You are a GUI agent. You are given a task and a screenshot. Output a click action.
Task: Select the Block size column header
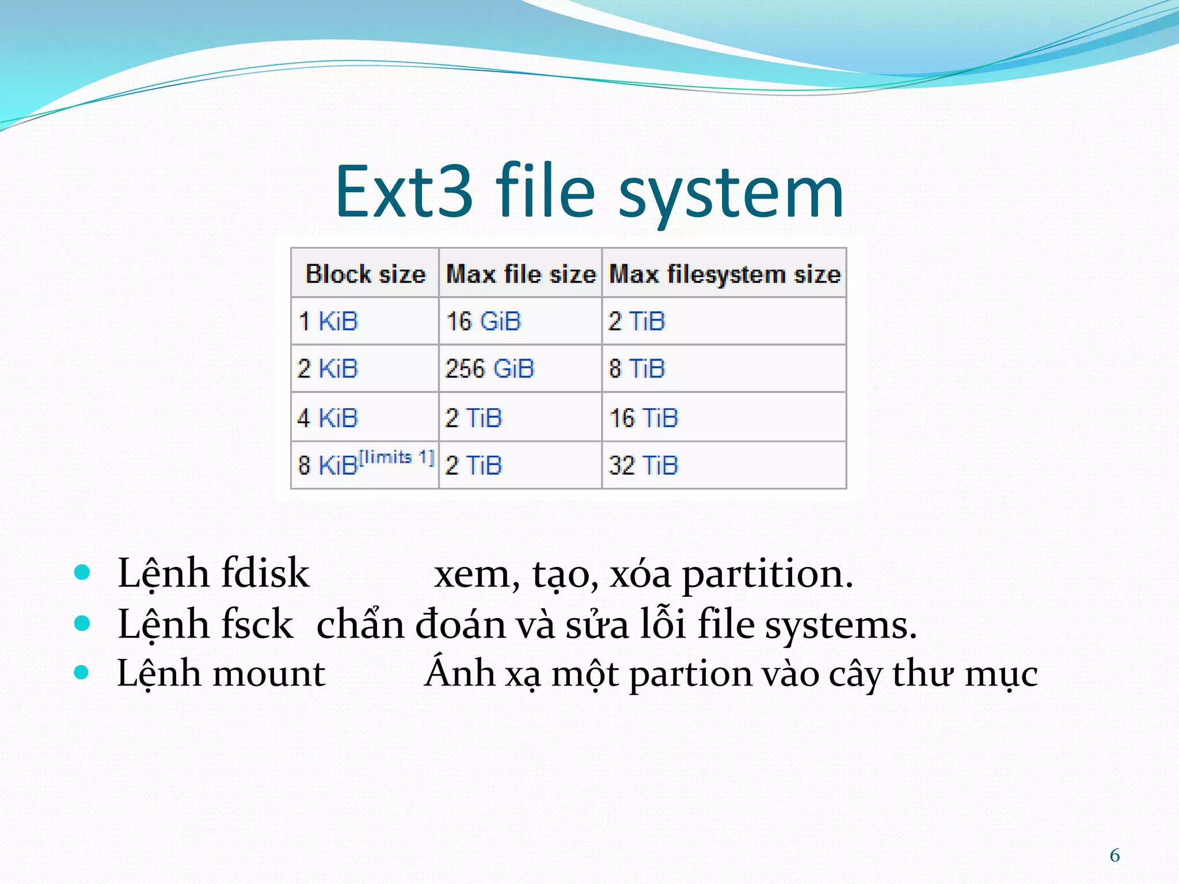click(366, 274)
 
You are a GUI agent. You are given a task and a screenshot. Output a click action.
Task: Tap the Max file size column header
click(521, 274)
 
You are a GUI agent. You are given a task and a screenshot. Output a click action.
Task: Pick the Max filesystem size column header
click(725, 274)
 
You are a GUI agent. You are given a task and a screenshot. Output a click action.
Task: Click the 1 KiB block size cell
click(328, 321)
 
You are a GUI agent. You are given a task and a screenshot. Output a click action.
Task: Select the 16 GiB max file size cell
click(484, 321)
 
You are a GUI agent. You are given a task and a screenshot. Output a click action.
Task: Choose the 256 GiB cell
click(490, 368)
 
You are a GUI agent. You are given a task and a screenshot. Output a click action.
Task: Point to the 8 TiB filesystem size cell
click(637, 368)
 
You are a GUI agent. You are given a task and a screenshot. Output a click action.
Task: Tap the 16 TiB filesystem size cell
click(644, 418)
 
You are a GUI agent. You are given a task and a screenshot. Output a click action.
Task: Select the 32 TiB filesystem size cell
click(644, 465)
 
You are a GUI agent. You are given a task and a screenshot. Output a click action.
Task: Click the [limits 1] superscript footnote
click(397, 458)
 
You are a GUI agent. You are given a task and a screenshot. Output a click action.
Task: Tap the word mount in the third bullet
click(269, 673)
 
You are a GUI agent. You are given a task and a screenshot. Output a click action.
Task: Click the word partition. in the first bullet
click(767, 574)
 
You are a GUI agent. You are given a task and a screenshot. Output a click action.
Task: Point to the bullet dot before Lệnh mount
click(82, 672)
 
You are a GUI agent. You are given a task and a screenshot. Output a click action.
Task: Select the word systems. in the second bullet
click(840, 625)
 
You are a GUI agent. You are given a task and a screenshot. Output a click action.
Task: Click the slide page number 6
click(1115, 855)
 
